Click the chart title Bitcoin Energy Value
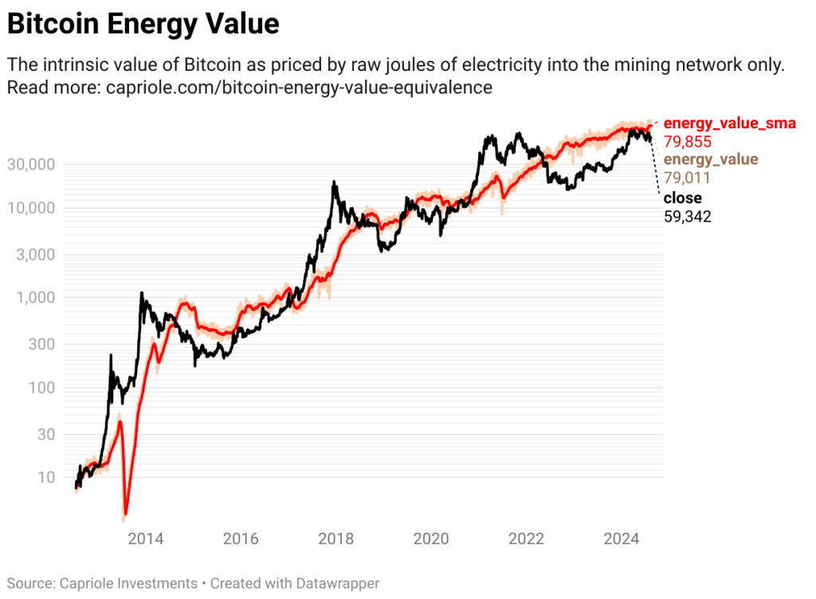[x=143, y=24]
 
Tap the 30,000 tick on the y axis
[x=31, y=165]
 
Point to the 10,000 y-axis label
[x=31, y=209]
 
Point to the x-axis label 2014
[x=146, y=538]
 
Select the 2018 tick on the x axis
[x=336, y=538]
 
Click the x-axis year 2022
[x=527, y=538]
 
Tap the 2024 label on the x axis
[x=622, y=538]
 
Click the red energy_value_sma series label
[x=729, y=123]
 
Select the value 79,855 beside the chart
[x=687, y=141]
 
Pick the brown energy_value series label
[x=711, y=160]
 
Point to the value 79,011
[x=687, y=178]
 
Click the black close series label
[x=682, y=198]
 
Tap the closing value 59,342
[x=688, y=216]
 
